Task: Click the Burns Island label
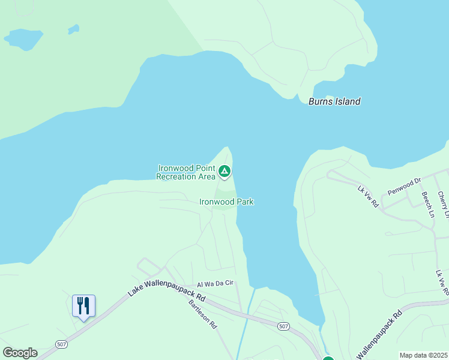click(x=334, y=101)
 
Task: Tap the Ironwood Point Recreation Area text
click(x=185, y=172)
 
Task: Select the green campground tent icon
click(x=224, y=172)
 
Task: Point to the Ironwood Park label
click(x=226, y=202)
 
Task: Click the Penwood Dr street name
click(x=405, y=186)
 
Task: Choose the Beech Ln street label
click(x=427, y=204)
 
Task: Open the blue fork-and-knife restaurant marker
click(x=83, y=306)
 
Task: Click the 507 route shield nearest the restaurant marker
click(x=61, y=344)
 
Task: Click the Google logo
click(x=20, y=353)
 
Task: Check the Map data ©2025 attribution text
click(x=423, y=355)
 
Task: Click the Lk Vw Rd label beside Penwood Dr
click(x=368, y=197)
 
